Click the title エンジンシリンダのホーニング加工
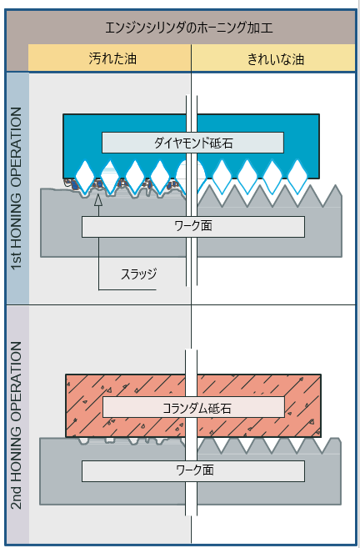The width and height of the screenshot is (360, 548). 189,28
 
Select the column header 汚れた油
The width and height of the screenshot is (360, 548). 112,58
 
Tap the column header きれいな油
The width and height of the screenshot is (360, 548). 276,58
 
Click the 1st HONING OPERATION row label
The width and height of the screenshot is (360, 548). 17,189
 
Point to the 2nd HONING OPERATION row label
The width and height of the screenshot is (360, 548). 17,425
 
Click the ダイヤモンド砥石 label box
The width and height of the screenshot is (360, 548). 192,143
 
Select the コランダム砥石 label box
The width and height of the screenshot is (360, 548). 193,407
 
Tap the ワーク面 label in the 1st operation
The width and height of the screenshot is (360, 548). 193,227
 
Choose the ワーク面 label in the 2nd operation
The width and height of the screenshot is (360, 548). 193,470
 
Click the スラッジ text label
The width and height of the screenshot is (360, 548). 138,274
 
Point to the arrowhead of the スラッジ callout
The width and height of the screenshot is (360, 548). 98,199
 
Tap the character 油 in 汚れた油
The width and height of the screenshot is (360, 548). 130,58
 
